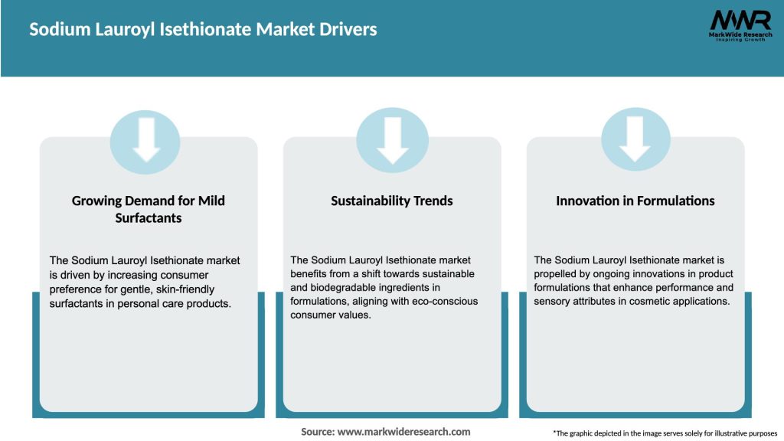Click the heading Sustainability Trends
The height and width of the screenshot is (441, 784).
[392, 201]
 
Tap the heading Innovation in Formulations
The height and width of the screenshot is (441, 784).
[635, 201]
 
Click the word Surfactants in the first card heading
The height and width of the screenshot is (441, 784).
[148, 217]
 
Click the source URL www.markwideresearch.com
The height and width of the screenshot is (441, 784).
[403, 432]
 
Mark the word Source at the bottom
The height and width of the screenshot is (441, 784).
[317, 432]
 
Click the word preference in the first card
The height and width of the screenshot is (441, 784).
[79, 288]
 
